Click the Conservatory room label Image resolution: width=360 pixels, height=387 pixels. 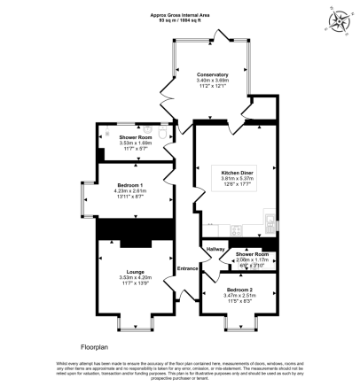(x=212, y=74)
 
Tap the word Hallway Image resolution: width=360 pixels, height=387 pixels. (x=215, y=251)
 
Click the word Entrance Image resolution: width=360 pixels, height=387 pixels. (x=187, y=268)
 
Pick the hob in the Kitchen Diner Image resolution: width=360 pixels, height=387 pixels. (x=238, y=232)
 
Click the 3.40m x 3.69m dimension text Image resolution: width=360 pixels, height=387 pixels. (x=212, y=81)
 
